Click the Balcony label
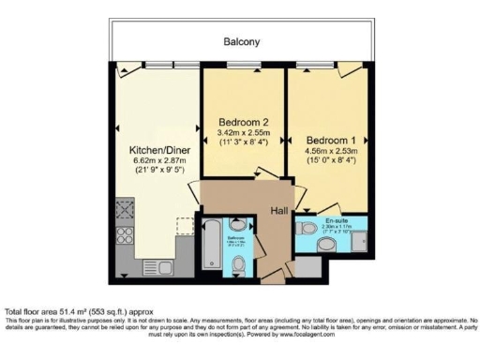[241, 42]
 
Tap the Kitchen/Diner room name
[155, 149]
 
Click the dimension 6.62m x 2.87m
[155, 160]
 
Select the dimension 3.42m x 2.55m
[244, 134]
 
